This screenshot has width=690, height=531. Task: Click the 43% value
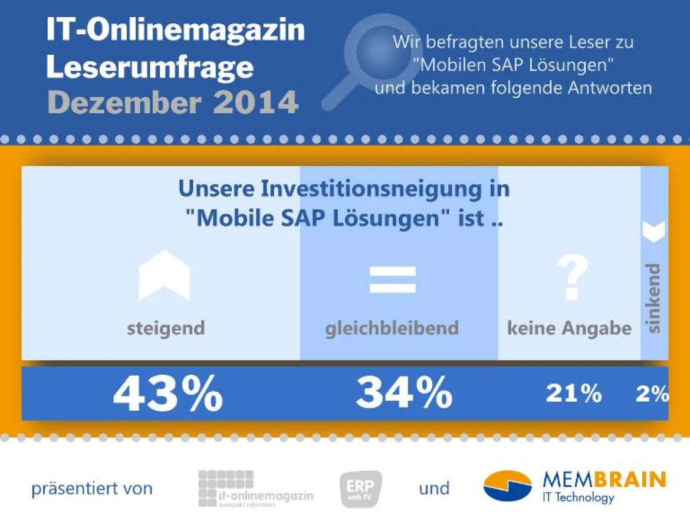click(x=167, y=394)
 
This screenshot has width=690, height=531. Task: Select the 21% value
click(x=573, y=394)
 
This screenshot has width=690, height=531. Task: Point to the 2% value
click(x=652, y=394)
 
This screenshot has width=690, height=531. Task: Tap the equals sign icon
click(x=392, y=280)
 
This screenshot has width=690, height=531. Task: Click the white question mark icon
click(x=572, y=279)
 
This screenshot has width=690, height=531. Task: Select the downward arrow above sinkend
click(x=653, y=231)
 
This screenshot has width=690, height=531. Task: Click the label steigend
click(x=166, y=328)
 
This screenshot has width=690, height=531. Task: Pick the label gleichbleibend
click(x=392, y=328)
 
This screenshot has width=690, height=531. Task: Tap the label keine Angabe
click(x=569, y=328)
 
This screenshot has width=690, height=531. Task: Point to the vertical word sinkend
click(x=653, y=299)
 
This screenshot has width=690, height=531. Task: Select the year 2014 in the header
click(x=255, y=103)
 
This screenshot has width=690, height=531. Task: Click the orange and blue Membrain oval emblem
click(x=507, y=486)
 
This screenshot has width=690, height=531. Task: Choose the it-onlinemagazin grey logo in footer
click(x=255, y=489)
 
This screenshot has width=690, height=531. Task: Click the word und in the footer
click(x=434, y=489)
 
